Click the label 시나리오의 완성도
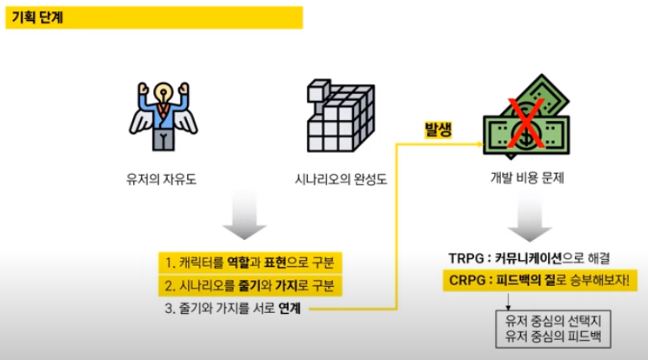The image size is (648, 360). [x=331, y=182]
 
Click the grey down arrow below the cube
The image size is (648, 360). [x=246, y=222]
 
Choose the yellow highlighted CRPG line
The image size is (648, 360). [x=539, y=281]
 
